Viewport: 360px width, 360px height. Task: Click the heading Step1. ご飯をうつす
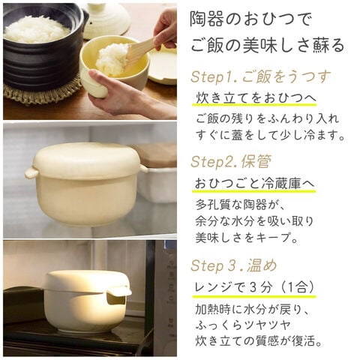pyautogui.click(x=261, y=77)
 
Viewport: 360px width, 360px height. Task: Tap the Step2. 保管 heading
pyautogui.click(x=231, y=162)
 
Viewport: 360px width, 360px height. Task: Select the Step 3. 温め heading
pyautogui.click(x=234, y=265)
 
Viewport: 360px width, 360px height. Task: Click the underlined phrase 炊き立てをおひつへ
pyautogui.click(x=256, y=98)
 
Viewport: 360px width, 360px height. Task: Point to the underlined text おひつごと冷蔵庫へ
pyautogui.click(x=255, y=184)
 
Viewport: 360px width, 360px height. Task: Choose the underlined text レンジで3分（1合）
pyautogui.click(x=254, y=287)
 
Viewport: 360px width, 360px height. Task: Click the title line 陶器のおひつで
pyautogui.click(x=251, y=20)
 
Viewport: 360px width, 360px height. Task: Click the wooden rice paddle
pyautogui.click(x=140, y=52)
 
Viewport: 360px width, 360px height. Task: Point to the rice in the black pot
pyautogui.click(x=37, y=29)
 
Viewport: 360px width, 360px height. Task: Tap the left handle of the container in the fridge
pyautogui.click(x=31, y=172)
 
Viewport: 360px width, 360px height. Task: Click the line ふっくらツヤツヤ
pyautogui.click(x=242, y=325)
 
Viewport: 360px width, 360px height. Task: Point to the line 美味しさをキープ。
pyautogui.click(x=247, y=238)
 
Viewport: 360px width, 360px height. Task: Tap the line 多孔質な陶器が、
pyautogui.click(x=240, y=205)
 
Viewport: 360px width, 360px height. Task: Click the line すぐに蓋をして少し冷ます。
pyautogui.click(x=271, y=135)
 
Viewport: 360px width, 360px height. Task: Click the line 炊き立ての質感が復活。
pyautogui.click(x=259, y=341)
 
